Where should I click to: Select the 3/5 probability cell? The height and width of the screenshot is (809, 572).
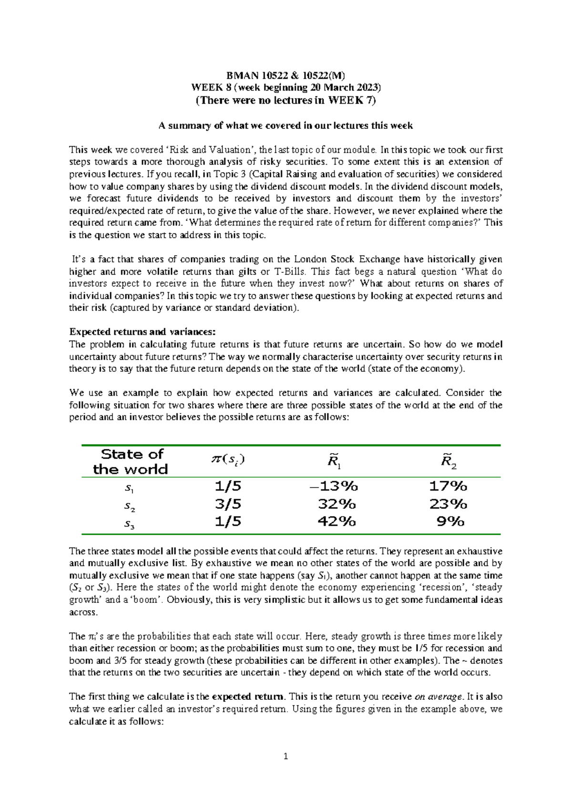tap(228, 504)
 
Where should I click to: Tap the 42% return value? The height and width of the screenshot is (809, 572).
tap(337, 521)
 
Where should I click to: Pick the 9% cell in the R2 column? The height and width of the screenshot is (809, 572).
tap(450, 521)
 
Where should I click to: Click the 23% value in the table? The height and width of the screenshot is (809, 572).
tap(448, 504)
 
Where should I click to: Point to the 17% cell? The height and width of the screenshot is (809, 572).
tap(448, 486)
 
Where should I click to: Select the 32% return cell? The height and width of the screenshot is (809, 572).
tap(337, 504)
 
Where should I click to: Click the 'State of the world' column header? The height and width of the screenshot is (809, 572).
tap(131, 461)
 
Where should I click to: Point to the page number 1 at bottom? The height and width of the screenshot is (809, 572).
tap(286, 756)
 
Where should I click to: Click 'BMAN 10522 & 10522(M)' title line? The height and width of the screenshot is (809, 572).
tap(286, 75)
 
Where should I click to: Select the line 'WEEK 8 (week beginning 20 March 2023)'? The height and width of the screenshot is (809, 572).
tap(286, 87)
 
